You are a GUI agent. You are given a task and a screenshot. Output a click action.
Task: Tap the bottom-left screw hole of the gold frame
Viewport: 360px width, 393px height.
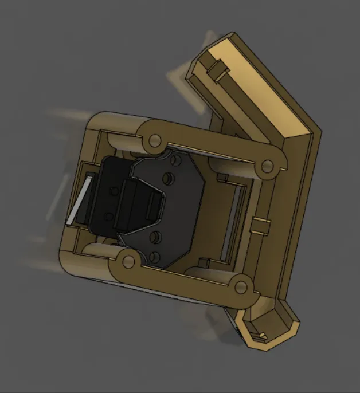pos(128,262)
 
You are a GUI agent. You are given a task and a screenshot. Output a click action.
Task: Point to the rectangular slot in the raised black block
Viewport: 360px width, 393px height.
pos(153,207)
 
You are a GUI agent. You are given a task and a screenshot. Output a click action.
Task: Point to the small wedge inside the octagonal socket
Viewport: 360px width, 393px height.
pos(264,334)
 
